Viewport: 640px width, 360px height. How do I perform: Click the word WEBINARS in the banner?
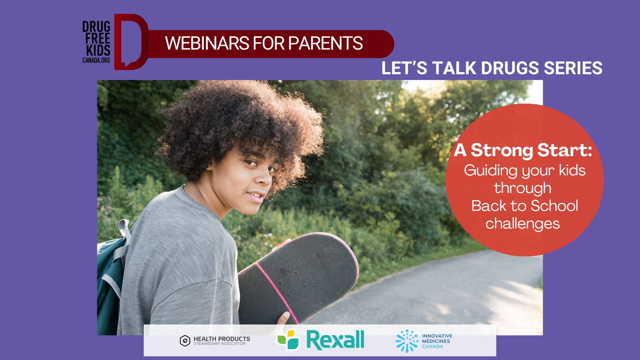click(x=207, y=43)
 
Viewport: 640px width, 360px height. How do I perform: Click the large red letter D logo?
click(x=131, y=42)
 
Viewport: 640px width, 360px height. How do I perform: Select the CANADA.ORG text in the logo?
click(x=96, y=60)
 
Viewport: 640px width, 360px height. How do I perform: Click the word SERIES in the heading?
click(x=573, y=68)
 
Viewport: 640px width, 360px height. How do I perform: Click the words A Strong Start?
click(x=523, y=150)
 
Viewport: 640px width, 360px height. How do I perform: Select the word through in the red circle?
click(x=523, y=188)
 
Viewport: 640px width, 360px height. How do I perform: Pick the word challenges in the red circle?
click(x=523, y=224)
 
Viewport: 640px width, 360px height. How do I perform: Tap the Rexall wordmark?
click(x=335, y=340)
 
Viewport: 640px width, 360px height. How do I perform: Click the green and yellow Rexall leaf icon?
click(x=288, y=340)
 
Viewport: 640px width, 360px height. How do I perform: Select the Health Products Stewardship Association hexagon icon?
click(x=185, y=341)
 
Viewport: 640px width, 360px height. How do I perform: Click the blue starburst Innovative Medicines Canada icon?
click(x=407, y=341)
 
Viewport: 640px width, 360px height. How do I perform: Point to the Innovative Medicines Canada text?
click(x=437, y=341)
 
